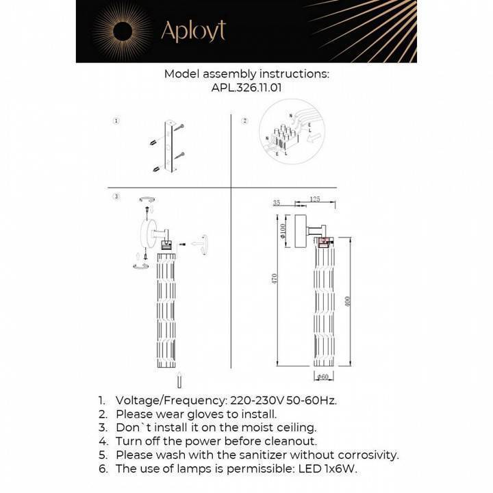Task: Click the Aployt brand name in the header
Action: click(192, 31)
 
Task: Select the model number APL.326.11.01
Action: click(246, 88)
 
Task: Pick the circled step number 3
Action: click(116, 197)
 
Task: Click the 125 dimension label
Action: click(315, 199)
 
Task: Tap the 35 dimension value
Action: click(277, 203)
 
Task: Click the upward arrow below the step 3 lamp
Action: click(179, 380)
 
